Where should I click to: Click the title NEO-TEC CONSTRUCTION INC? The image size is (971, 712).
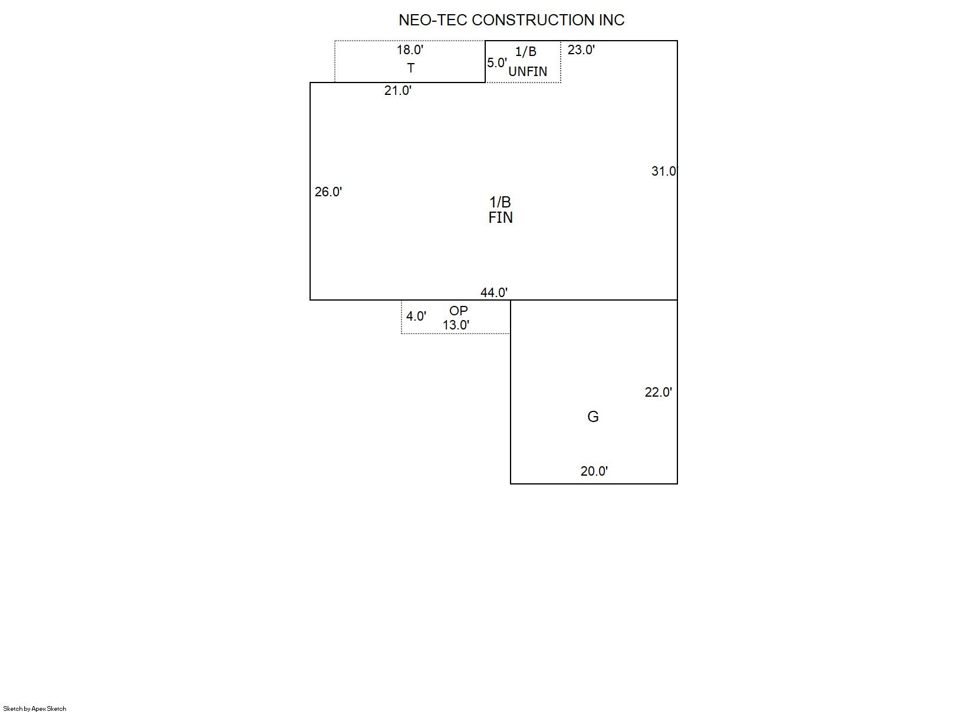point(512,20)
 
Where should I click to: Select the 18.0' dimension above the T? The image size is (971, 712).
point(410,50)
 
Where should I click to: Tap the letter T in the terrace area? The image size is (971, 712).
point(411,68)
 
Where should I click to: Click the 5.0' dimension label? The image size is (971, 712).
point(497,63)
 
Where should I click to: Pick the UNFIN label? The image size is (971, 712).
point(528,71)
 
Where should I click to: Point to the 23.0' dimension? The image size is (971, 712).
point(581,50)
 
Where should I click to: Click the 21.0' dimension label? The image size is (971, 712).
point(397,91)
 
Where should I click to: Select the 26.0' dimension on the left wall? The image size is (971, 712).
point(328,192)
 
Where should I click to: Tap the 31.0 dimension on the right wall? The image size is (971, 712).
point(664,171)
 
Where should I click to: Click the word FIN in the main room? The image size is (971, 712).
point(501,217)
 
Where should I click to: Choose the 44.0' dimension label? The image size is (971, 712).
point(493,293)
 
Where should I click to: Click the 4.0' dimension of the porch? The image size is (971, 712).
point(416,317)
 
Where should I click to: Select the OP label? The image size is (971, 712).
point(459,311)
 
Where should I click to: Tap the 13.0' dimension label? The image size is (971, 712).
point(456,325)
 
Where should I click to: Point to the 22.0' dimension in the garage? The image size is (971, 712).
point(658,392)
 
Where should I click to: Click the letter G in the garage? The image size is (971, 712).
point(593,417)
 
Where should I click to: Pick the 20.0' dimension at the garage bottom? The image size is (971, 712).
point(594,471)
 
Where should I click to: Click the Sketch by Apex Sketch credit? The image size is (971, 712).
point(35,708)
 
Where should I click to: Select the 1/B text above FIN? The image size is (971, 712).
point(500,202)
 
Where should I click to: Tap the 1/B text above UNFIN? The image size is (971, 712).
point(526,52)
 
